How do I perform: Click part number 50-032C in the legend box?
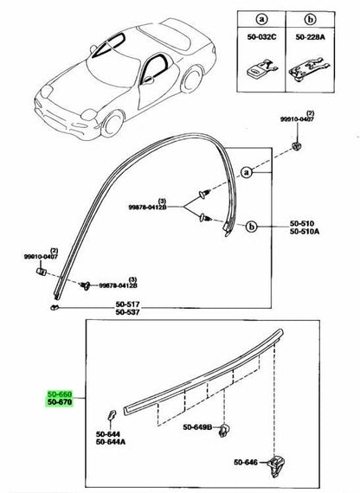point(261,37)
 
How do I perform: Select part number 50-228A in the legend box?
point(310,37)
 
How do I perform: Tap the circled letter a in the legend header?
point(261,20)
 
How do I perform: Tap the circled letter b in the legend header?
point(310,20)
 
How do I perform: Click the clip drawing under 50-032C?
point(262,69)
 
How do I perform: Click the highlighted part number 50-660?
point(60,394)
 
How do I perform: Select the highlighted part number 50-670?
point(60,402)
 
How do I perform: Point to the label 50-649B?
point(197,427)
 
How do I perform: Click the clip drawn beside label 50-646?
point(277,464)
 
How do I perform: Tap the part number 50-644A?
point(111,442)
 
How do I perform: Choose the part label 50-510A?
point(305,232)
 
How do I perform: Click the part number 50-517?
point(127,304)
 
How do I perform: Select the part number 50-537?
point(127,312)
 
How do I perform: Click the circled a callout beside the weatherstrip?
point(247,172)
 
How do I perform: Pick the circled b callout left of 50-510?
point(251,227)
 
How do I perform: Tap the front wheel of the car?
point(112,124)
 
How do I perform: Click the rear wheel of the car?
point(191,80)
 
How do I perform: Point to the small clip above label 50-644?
point(111,415)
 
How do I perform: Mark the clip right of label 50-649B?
point(225,430)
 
